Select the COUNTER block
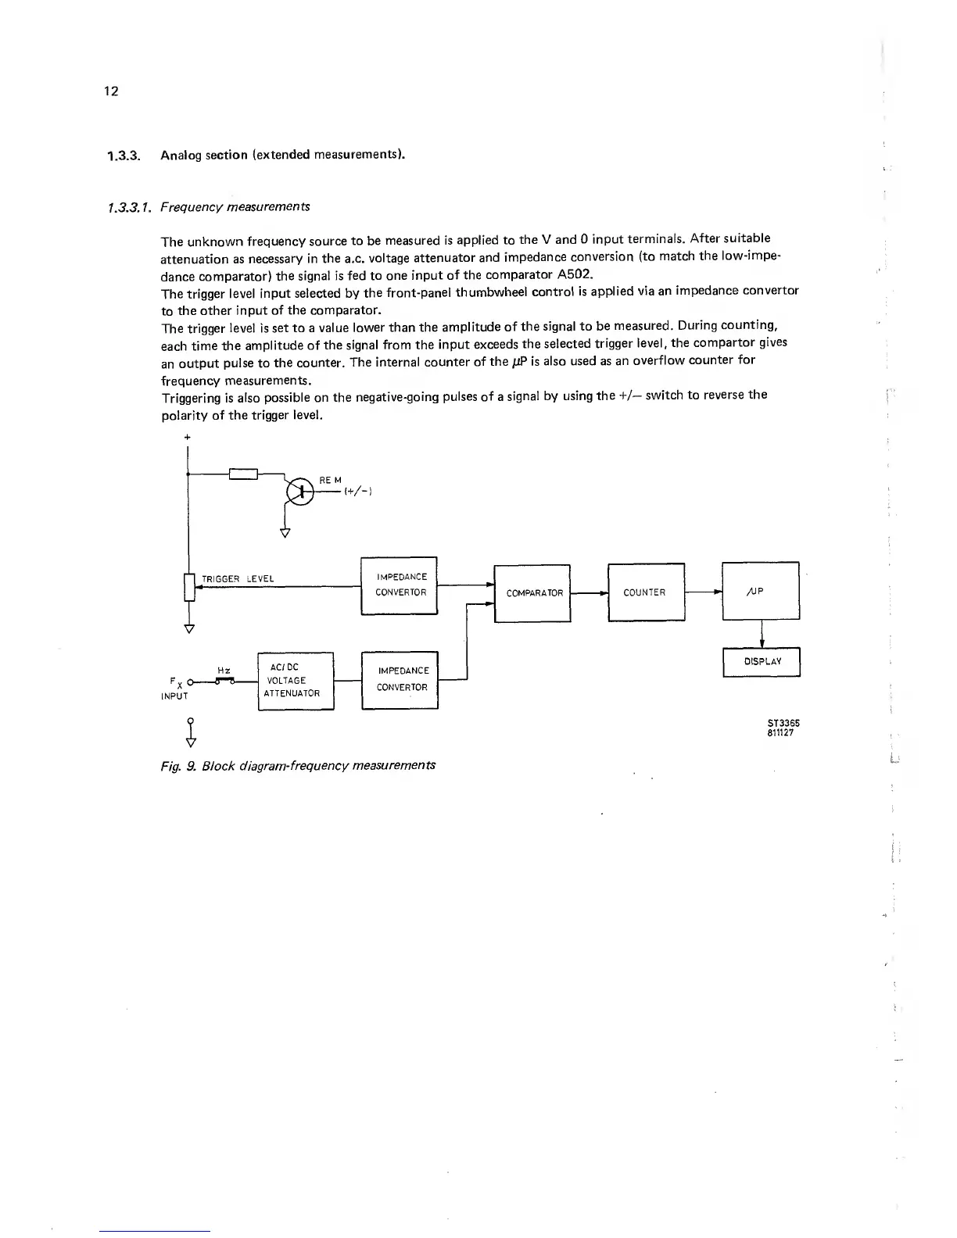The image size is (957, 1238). (645, 592)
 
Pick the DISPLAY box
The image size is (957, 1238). (762, 661)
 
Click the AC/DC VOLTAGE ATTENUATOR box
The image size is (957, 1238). (296, 681)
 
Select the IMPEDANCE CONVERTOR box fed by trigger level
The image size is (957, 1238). (400, 585)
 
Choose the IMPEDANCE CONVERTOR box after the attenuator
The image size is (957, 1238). (400, 679)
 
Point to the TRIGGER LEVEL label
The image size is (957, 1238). (238, 579)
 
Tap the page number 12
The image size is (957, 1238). (111, 91)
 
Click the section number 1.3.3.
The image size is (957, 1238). (123, 155)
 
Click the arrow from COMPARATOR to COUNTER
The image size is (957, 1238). (590, 593)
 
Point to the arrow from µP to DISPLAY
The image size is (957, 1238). (762, 634)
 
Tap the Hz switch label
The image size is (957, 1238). (224, 670)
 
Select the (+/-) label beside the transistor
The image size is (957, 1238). (357, 492)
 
